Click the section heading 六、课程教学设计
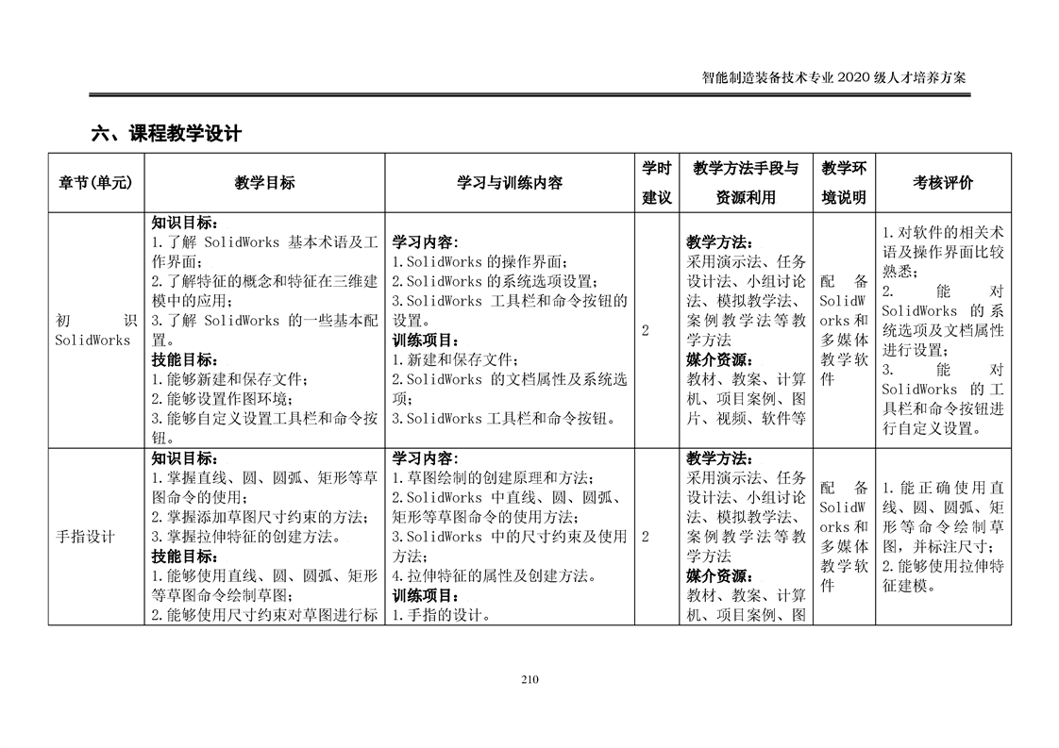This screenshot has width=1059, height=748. click(166, 134)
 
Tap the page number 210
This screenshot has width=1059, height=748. click(529, 680)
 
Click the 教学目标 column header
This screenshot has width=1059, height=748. click(264, 183)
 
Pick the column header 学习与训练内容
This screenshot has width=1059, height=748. click(510, 183)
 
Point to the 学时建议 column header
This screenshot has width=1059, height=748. click(656, 183)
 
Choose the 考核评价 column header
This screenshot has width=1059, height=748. click(943, 183)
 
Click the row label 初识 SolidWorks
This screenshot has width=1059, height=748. click(93, 330)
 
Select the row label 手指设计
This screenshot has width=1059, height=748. click(86, 537)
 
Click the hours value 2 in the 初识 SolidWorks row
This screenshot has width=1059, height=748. click(646, 330)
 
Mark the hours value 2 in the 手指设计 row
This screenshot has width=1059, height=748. click(646, 537)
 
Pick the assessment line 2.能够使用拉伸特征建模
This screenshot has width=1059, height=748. click(943, 575)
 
